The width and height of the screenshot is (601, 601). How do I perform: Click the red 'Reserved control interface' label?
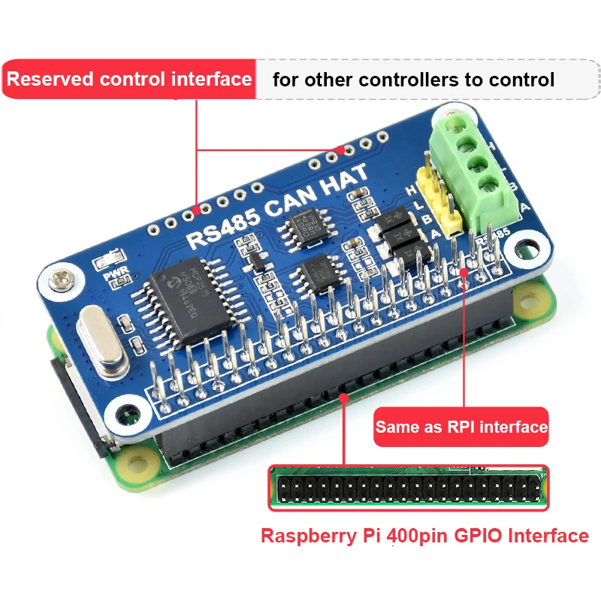[x=129, y=79]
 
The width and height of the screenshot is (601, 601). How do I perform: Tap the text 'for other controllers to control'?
[x=413, y=79]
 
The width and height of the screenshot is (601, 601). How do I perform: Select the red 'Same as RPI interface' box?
[x=461, y=427]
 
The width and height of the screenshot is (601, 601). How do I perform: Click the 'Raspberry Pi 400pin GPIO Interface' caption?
[x=424, y=536]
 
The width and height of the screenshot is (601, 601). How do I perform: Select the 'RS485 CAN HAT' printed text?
[x=277, y=207]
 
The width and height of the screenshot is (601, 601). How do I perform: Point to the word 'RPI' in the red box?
[x=460, y=427]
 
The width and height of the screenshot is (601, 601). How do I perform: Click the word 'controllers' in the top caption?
[x=406, y=79]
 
